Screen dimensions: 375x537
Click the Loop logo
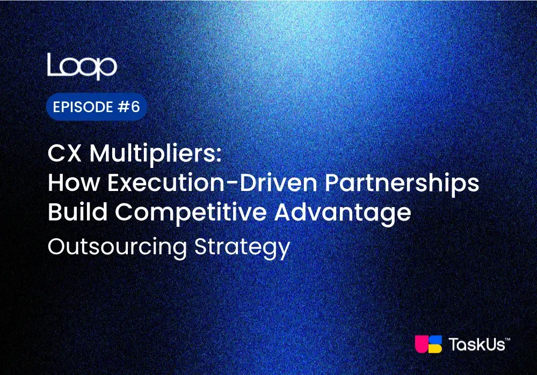82,66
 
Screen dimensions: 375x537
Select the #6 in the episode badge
129,107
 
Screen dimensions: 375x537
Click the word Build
77,212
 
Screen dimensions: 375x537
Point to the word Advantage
344,213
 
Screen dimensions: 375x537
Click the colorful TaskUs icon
429,344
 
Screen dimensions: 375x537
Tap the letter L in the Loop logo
53,64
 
